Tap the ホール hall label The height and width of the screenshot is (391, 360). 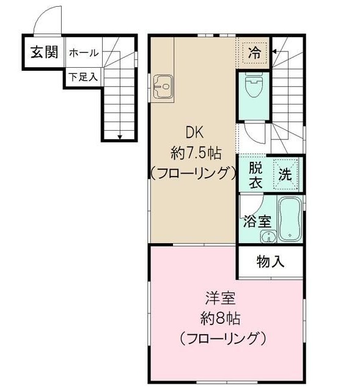click(83, 53)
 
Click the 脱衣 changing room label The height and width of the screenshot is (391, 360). click(255, 174)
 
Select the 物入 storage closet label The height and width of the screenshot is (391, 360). click(270, 261)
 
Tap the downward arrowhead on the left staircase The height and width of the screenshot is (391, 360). click(120, 136)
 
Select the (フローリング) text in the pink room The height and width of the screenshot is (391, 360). click(222, 338)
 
